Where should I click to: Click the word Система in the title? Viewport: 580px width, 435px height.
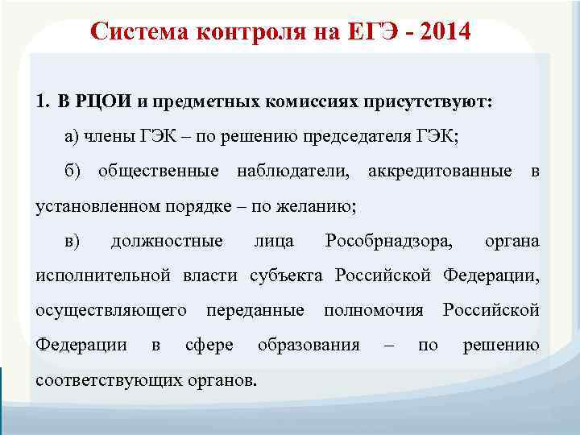tap(138, 32)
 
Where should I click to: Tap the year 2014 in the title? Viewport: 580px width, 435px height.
tap(441, 32)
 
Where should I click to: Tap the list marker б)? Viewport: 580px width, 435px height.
tap(72, 172)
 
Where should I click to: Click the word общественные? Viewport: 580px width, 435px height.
tap(158, 172)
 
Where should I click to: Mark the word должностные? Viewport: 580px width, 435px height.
tap(167, 241)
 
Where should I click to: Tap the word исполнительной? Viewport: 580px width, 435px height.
tap(103, 275)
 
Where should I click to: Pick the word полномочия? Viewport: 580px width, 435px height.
tap(373, 310)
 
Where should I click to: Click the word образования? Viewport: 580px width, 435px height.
tap(308, 345)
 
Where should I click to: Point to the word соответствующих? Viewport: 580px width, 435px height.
tap(109, 379)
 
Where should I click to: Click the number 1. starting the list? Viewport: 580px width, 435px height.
tap(43, 102)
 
